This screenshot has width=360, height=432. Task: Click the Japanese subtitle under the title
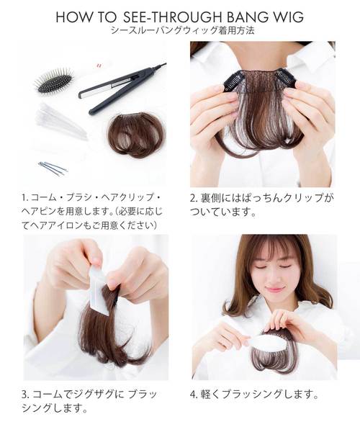coord(179,32)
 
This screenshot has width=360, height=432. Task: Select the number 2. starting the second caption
coord(193,197)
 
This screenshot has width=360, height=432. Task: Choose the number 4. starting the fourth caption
coord(193,395)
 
